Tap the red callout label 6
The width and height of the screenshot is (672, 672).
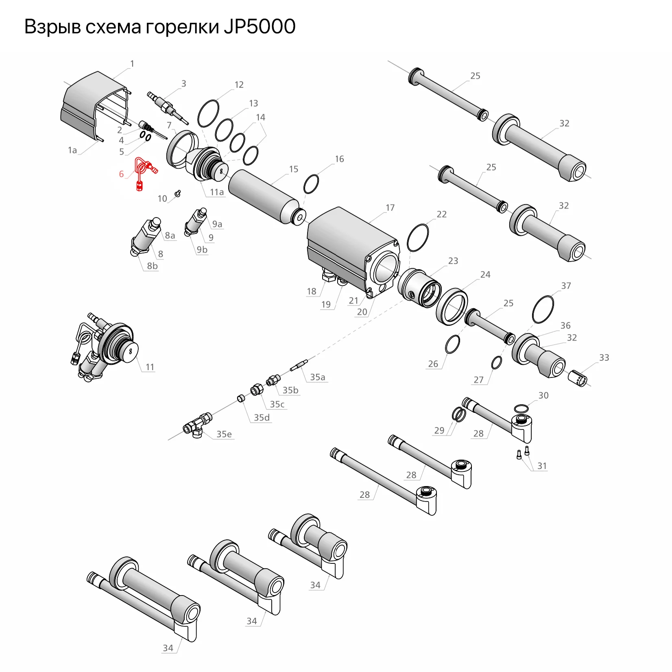[121, 174]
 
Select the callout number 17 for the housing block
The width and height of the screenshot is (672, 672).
[390, 208]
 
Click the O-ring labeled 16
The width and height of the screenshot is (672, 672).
[311, 184]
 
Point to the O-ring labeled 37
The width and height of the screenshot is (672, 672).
[543, 310]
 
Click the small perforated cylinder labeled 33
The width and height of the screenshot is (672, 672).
[578, 378]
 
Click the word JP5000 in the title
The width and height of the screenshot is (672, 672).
[259, 27]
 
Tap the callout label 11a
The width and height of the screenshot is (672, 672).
[217, 192]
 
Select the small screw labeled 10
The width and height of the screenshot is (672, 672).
[177, 193]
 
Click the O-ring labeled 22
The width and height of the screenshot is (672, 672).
[418, 238]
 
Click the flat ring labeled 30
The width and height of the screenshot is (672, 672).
[521, 408]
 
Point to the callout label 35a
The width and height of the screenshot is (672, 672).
[317, 377]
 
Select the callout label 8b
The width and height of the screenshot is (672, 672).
[152, 266]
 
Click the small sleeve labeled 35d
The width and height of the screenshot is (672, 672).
[241, 398]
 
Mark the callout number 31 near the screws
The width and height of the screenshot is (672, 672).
[542, 466]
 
